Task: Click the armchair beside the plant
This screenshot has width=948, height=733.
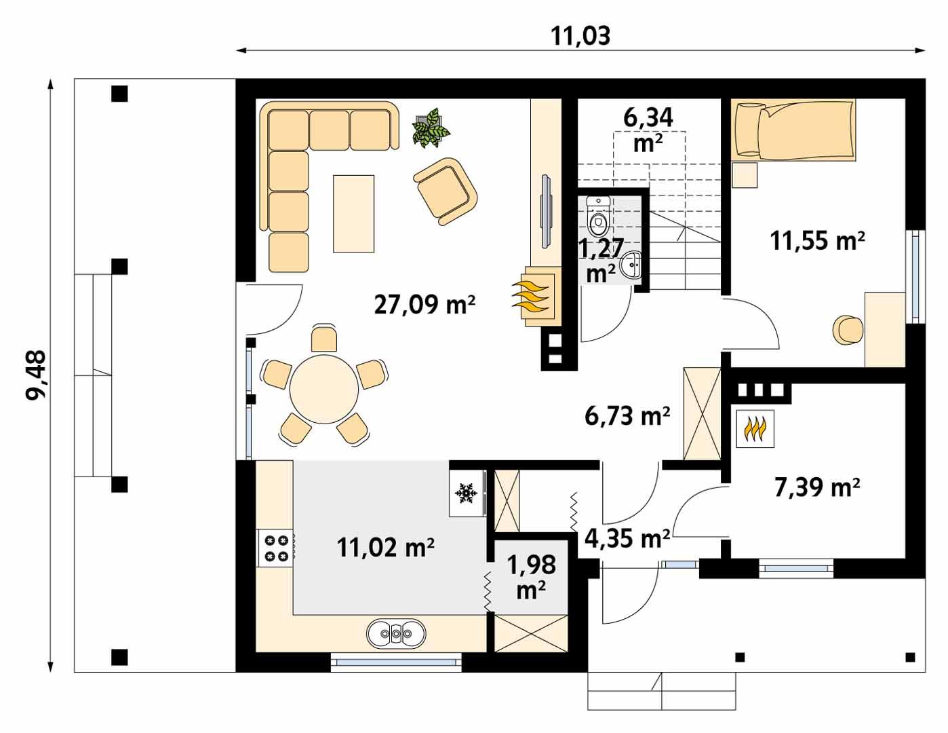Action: pyautogui.click(x=446, y=191)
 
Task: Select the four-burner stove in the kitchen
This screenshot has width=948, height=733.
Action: pyautogui.click(x=275, y=548)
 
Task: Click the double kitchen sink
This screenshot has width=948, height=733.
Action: pyautogui.click(x=396, y=634)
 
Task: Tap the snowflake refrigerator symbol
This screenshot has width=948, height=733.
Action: pyautogui.click(x=465, y=493)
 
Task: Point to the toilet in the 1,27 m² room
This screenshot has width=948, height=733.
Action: pyautogui.click(x=597, y=217)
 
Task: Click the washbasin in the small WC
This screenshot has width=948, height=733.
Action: pyautogui.click(x=633, y=265)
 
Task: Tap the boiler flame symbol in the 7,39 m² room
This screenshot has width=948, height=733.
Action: pyautogui.click(x=755, y=429)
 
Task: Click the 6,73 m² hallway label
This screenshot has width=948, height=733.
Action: pyautogui.click(x=627, y=415)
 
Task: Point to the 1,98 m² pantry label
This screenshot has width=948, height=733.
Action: pyautogui.click(x=532, y=577)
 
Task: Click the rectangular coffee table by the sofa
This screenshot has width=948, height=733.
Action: pyautogui.click(x=353, y=213)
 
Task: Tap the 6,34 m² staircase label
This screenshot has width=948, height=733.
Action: pyautogui.click(x=648, y=129)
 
